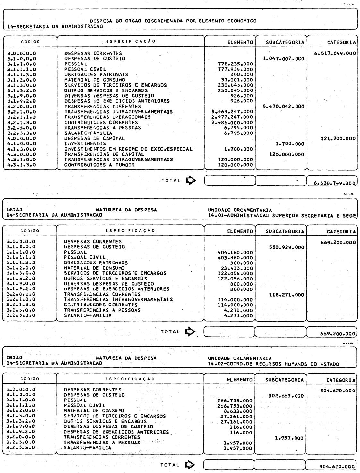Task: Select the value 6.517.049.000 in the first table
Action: (x=335, y=53)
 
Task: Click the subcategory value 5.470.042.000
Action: (x=283, y=106)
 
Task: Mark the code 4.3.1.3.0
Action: (x=21, y=165)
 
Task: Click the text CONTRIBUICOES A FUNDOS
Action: (x=99, y=165)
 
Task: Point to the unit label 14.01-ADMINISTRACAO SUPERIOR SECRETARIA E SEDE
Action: (x=282, y=215)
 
